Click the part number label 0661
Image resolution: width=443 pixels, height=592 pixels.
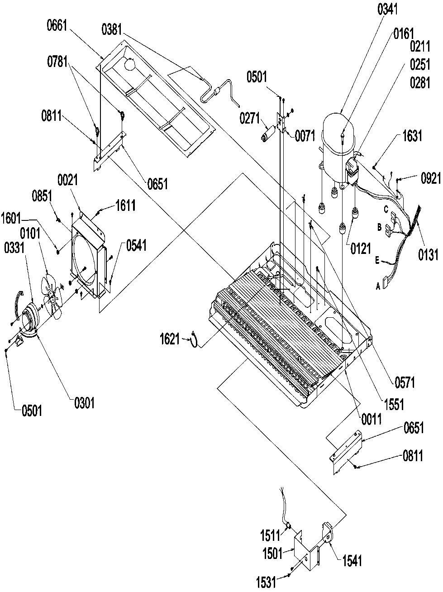coord(57,26)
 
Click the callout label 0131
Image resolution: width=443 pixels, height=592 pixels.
coord(428,255)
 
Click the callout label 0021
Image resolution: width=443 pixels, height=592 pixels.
coord(68,181)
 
